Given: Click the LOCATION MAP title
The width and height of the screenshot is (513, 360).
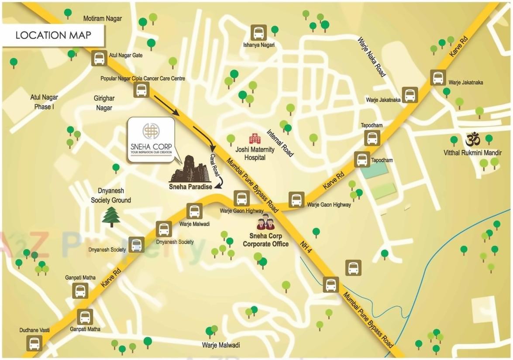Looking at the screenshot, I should pyautogui.click(x=53, y=35).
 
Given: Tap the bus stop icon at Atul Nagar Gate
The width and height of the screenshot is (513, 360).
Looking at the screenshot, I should pyautogui.click(x=99, y=58).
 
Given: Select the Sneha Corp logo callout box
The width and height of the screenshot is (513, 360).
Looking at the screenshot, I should pyautogui.click(x=151, y=140).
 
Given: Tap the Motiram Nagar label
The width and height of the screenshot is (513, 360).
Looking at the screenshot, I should pyautogui.click(x=103, y=18).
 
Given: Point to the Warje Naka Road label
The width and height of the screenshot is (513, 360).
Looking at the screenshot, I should pyautogui.click(x=372, y=57).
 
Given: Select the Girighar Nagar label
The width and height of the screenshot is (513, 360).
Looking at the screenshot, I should pyautogui.click(x=103, y=103).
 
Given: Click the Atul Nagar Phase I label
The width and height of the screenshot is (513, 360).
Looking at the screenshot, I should pyautogui.click(x=44, y=102).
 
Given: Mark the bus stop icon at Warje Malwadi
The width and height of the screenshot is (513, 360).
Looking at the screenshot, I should pyautogui.click(x=194, y=211).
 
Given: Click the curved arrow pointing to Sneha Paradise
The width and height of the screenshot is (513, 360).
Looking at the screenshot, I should pyautogui.click(x=221, y=182).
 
